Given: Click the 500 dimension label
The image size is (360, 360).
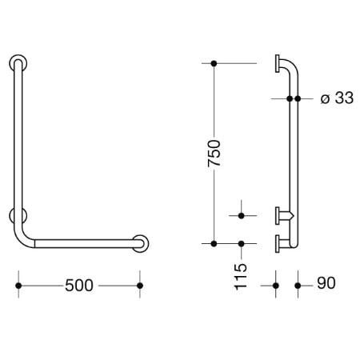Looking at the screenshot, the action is coord(79,286).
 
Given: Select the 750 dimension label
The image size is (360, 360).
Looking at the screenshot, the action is coord(214,154).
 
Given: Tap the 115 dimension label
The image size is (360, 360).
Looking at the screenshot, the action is coord(241,277).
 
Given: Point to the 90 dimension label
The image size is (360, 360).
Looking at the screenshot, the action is coord(326,283).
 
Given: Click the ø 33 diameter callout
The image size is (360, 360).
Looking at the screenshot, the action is coord(337,98).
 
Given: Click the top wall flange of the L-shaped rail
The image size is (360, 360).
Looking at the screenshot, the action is coord(18,63).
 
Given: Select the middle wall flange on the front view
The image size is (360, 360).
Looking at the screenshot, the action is coord(18,215).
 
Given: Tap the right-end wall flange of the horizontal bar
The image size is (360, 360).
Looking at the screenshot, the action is coord(140,243).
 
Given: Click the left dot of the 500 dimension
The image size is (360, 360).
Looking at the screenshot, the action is coord(18,286).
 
